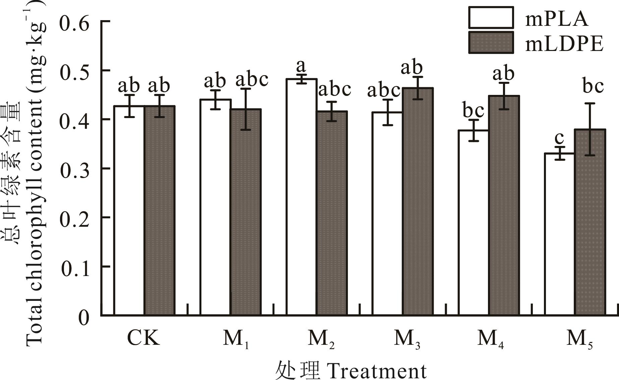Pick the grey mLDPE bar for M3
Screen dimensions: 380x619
tap(418, 201)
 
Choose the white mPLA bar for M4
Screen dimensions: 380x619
tap(473, 223)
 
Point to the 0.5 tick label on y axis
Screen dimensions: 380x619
tap(74, 71)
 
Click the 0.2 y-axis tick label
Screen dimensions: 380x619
tap(74, 218)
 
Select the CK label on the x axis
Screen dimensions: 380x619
tap(143, 338)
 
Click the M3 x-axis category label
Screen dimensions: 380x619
tap(407, 339)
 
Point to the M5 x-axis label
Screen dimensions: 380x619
tap(579, 339)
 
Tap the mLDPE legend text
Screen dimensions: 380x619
tap(564, 44)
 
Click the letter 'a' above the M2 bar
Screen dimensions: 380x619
tap(302, 67)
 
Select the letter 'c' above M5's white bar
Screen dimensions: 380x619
tap(559, 138)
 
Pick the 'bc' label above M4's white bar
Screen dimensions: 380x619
tap(473, 111)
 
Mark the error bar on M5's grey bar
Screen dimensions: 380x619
tap(590, 129)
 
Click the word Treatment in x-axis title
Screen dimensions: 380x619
tap(377, 371)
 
